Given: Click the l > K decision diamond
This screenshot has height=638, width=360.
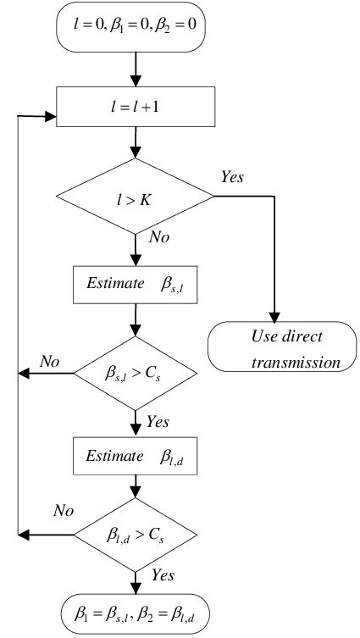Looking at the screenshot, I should pyautogui.click(x=136, y=197).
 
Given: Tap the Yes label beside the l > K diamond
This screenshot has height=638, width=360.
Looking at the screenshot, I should pyautogui.click(x=233, y=177).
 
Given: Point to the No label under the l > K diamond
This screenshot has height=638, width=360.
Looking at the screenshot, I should pyautogui.click(x=159, y=238).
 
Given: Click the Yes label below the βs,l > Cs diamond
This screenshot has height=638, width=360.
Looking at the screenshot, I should pyautogui.click(x=158, y=420).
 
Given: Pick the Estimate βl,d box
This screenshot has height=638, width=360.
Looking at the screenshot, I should pyautogui.click(x=136, y=456).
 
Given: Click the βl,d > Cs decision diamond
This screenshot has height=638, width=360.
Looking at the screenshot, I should pyautogui.click(x=136, y=535).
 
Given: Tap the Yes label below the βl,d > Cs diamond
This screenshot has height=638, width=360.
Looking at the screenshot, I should pyautogui.click(x=162, y=576).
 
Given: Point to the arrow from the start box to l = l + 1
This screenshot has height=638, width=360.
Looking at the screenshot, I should pyautogui.click(x=136, y=71).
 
